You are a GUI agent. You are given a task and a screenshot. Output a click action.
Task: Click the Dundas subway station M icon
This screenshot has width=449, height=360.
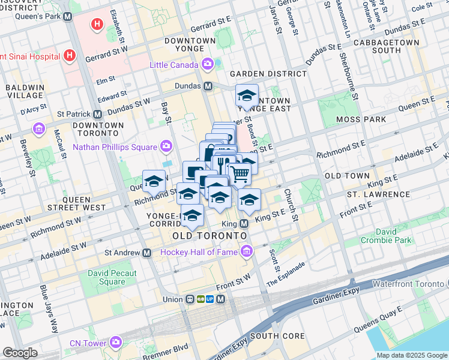click(208, 86)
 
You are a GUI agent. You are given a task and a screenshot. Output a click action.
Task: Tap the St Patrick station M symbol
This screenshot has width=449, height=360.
click(97, 114)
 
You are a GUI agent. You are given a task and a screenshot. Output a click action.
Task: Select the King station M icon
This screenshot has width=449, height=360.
click(244, 223)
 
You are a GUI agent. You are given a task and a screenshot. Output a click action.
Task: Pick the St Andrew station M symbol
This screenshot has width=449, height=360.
click(146, 253)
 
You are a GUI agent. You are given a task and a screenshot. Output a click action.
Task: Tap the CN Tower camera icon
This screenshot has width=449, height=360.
click(116, 343)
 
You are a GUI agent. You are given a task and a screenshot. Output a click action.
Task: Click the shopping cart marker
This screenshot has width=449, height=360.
click(240, 174)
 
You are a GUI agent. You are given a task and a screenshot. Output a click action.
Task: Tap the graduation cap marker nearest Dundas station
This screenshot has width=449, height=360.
click(247, 95)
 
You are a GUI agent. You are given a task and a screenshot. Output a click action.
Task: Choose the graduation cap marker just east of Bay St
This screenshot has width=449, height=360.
click(154, 181)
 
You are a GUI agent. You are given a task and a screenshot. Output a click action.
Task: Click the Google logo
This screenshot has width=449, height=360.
click(20, 353)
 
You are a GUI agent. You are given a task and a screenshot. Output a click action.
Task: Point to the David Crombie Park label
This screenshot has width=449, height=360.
click(386, 235)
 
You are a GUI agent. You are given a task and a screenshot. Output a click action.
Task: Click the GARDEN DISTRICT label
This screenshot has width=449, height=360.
click(268, 73)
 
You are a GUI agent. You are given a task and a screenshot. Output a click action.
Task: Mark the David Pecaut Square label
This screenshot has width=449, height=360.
click(113, 277)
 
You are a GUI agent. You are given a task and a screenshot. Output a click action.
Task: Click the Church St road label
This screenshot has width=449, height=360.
click(291, 205)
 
